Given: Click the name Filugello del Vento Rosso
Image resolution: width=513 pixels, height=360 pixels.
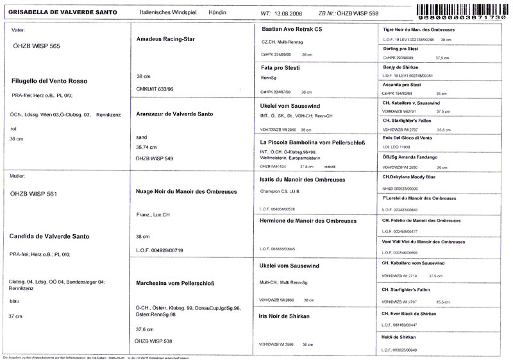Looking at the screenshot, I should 49,81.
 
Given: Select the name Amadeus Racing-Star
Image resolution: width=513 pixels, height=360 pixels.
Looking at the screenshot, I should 166,39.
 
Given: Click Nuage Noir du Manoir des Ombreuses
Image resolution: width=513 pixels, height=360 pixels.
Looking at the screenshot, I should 187,191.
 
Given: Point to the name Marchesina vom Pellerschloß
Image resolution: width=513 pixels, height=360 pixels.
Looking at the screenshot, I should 175,282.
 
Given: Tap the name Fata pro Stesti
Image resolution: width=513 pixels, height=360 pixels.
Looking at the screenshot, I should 280,67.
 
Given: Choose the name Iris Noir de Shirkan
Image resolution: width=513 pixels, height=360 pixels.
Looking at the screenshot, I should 285,316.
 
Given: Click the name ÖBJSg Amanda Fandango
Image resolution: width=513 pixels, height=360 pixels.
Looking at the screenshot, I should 410,157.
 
